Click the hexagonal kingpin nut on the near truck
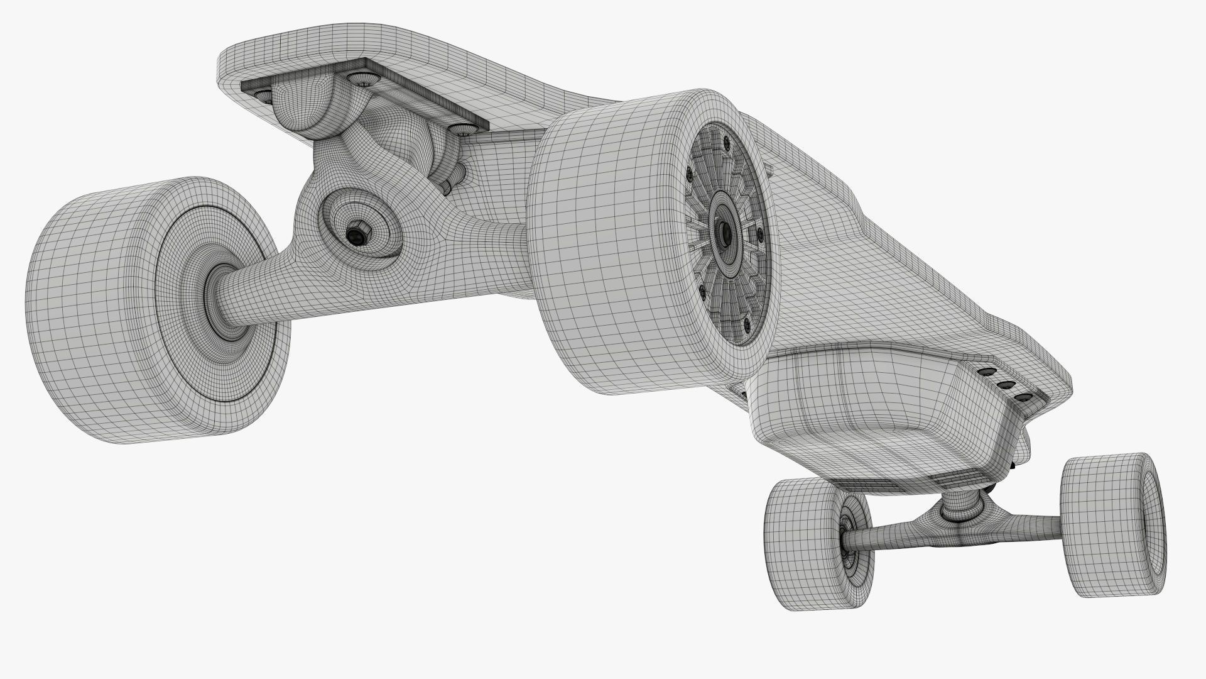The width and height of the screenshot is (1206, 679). click(x=359, y=234)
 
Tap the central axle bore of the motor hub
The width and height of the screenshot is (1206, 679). click(x=726, y=232)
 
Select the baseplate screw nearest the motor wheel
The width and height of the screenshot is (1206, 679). click(x=465, y=130)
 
